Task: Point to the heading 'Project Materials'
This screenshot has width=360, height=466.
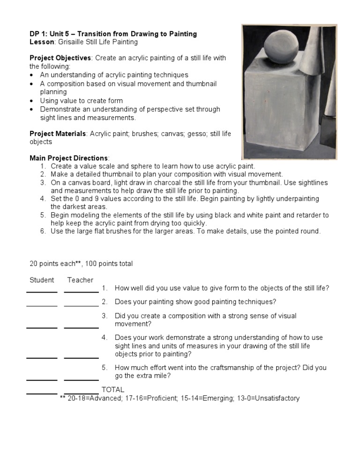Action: (58, 134)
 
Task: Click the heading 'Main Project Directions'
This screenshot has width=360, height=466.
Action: (69, 158)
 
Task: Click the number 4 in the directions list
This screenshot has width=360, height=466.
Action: (43, 199)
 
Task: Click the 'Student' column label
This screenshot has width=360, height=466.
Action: (42, 280)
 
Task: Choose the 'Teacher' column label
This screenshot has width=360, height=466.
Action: (80, 280)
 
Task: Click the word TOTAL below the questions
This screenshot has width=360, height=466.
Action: (113, 390)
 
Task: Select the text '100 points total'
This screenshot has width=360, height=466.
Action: (110, 263)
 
